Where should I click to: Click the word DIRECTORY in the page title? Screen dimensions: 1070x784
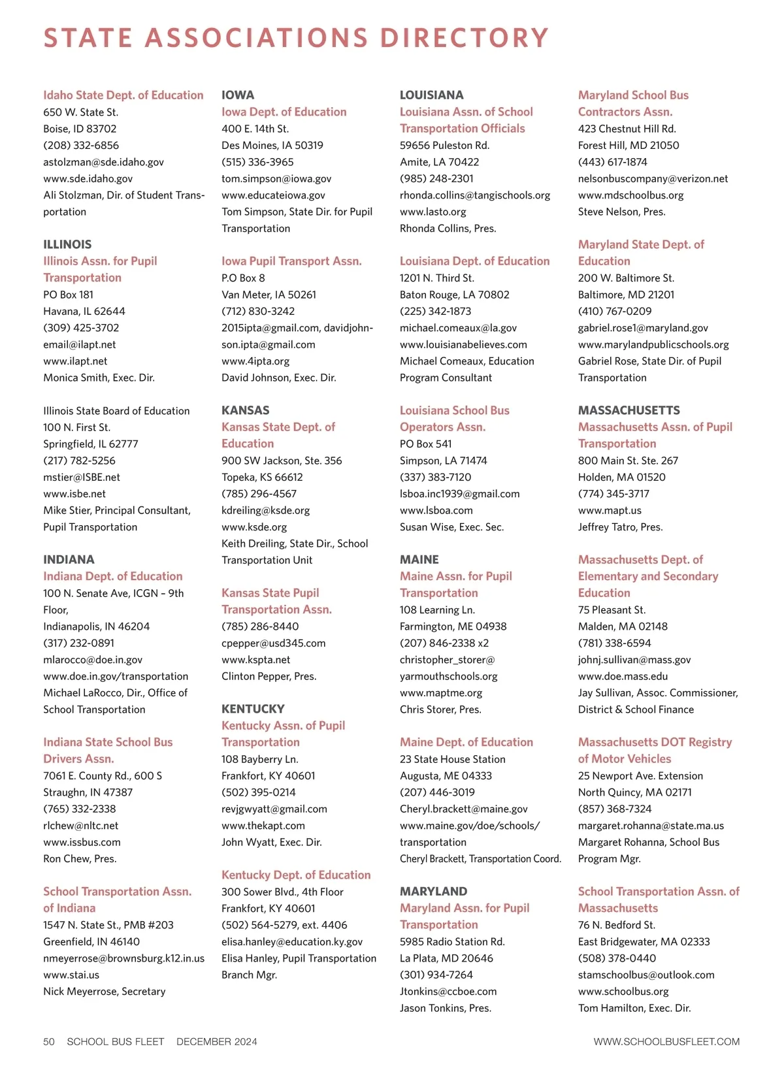pyautogui.click(x=464, y=38)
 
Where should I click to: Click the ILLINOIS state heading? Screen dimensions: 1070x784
pyautogui.click(x=67, y=244)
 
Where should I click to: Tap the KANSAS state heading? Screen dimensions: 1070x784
pyautogui.click(x=245, y=410)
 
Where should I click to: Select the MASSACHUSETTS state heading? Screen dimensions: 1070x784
pyautogui.click(x=629, y=410)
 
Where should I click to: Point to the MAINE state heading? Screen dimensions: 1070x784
pyautogui.click(x=419, y=560)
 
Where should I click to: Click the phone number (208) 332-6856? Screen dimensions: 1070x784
pyautogui.click(x=81, y=145)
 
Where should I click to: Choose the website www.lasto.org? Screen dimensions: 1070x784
pyautogui.click(x=433, y=212)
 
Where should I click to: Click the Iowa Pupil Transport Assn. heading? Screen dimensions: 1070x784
pyautogui.click(x=291, y=261)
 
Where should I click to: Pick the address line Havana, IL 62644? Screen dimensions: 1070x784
pyautogui.click(x=84, y=312)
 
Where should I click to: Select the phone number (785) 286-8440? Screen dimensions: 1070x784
pyautogui.click(x=260, y=626)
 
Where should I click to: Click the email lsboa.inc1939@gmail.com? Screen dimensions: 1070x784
pyautogui.click(x=459, y=494)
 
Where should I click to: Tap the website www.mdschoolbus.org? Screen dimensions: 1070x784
pyautogui.click(x=630, y=195)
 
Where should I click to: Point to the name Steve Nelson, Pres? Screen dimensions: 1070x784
pyautogui.click(x=621, y=212)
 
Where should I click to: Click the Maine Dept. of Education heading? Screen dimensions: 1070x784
pyautogui.click(x=466, y=742)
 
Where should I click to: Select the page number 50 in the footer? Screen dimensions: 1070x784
pyautogui.click(x=49, y=1041)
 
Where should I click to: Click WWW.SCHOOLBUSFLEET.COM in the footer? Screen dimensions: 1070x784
pyautogui.click(x=666, y=1041)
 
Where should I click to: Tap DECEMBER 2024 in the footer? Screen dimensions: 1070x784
pyautogui.click(x=216, y=1041)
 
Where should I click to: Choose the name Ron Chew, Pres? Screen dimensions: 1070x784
pyautogui.click(x=80, y=858)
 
